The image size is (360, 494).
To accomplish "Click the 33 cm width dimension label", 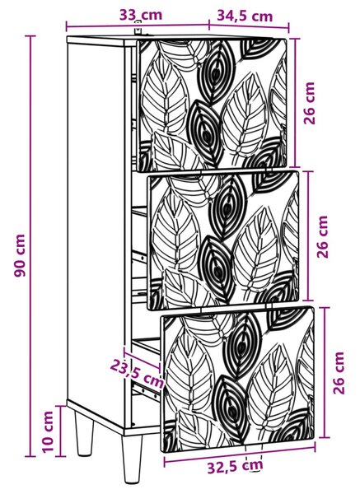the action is click(141, 15).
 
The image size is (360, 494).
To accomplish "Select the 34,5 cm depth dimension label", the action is click(245, 16).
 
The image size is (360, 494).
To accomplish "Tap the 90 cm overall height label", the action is click(20, 255).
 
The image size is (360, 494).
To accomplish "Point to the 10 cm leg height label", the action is click(49, 431).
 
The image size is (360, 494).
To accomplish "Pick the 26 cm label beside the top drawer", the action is click(309, 103).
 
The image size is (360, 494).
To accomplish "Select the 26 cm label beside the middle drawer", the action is click(322, 236).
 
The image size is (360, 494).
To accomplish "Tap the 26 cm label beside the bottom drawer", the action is click(339, 373).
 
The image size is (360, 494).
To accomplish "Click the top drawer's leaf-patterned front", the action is click(213, 104).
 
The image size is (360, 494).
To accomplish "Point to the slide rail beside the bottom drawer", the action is click(147, 390).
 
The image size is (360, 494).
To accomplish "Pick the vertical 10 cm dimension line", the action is click(60, 431).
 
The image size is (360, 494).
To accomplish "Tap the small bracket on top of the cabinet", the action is click(138, 29).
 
